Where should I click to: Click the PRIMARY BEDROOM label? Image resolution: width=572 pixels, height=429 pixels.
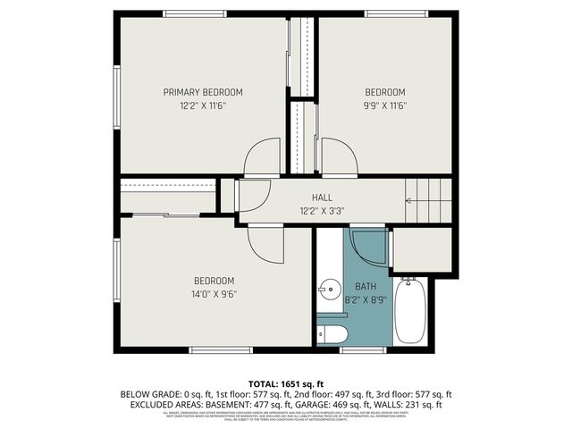pyautogui.click(x=202, y=92)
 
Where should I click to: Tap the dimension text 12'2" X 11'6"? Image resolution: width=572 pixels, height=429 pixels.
pyautogui.click(x=202, y=105)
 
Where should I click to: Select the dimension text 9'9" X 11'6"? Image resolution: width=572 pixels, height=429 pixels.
pyautogui.click(x=384, y=105)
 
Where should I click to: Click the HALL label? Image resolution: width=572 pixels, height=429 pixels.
pyautogui.click(x=322, y=198)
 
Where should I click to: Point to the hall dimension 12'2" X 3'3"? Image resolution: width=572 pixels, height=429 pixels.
pyautogui.click(x=322, y=211)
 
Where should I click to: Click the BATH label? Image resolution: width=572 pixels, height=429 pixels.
pyautogui.click(x=366, y=287)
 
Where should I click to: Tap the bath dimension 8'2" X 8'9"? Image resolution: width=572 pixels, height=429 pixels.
pyautogui.click(x=366, y=301)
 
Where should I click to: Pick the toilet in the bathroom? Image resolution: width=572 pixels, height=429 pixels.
pyautogui.click(x=332, y=335)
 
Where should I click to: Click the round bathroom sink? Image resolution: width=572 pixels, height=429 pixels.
pyautogui.click(x=329, y=289)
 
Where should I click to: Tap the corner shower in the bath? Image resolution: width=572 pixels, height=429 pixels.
pyautogui.click(x=368, y=247)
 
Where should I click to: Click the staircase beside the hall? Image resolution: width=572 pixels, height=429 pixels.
pyautogui.click(x=429, y=200)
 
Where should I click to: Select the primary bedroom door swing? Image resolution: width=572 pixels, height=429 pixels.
pyautogui.click(x=263, y=157)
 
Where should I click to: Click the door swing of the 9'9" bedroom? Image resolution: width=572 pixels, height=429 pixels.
pyautogui.click(x=340, y=157)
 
